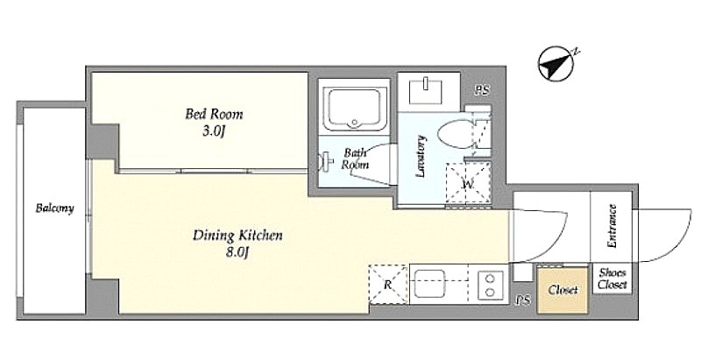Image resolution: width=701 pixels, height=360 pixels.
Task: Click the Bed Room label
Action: pyautogui.click(x=214, y=115)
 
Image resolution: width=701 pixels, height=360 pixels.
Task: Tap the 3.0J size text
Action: pyautogui.click(x=213, y=132)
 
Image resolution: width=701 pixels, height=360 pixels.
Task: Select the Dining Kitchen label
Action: pyautogui.click(x=237, y=235)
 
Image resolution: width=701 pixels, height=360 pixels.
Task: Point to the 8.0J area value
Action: pyautogui.click(x=237, y=253)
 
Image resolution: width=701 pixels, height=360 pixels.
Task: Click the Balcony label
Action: pyautogui.click(x=54, y=208)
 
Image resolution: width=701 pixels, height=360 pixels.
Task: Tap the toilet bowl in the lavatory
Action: pyautogui.click(x=455, y=135)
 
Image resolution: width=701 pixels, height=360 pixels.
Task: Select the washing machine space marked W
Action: pyautogui.click(x=468, y=185)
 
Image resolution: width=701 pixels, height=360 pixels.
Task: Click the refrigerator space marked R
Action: pyautogui.click(x=388, y=285)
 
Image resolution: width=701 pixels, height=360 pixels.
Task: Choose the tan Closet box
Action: pyautogui.click(x=563, y=290)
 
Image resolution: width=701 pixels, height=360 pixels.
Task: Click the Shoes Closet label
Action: pyautogui.click(x=612, y=279)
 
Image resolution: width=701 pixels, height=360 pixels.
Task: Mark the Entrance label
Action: pyautogui.click(x=612, y=226)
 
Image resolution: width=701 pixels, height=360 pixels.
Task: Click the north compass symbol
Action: pyautogui.click(x=557, y=64)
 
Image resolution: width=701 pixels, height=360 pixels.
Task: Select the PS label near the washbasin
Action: pyautogui.click(x=483, y=91)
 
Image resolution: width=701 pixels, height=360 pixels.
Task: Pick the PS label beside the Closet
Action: pyautogui.click(x=523, y=300)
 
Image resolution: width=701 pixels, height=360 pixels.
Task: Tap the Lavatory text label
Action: pyautogui.click(x=421, y=157)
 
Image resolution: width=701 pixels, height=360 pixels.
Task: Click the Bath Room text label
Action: pyautogui.click(x=355, y=159)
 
